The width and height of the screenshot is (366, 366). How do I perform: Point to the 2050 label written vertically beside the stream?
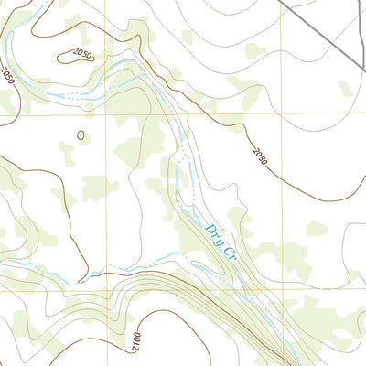(x=10, y=76)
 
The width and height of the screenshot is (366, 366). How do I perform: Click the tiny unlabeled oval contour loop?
(x=81, y=136)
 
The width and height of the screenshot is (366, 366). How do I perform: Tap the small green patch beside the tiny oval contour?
(x=67, y=148)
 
